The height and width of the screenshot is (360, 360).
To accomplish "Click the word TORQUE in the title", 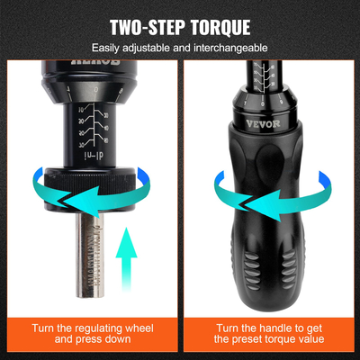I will coord(220,26).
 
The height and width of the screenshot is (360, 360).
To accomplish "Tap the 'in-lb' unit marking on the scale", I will coord(93,154).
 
